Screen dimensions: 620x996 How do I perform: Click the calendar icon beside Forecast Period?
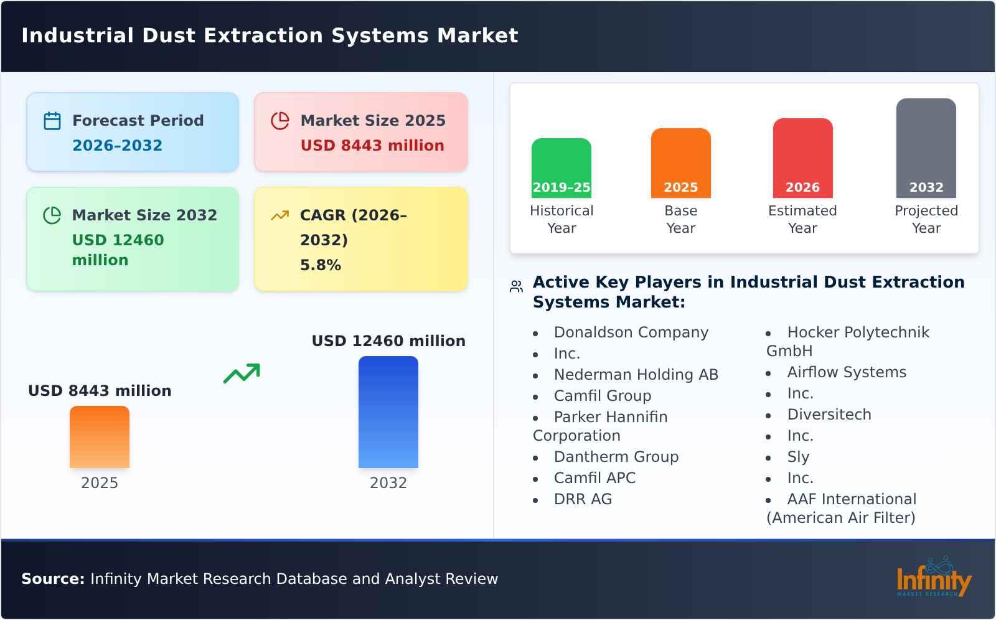click(x=52, y=121)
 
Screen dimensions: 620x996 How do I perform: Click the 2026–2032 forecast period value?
click(x=117, y=146)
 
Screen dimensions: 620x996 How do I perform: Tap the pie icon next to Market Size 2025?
click(x=280, y=121)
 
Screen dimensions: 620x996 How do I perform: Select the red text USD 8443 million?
click(x=372, y=146)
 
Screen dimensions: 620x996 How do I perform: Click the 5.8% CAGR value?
click(x=320, y=265)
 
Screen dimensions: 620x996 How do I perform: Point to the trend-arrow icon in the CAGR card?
click(x=280, y=215)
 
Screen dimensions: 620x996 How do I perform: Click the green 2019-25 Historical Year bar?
click(x=561, y=168)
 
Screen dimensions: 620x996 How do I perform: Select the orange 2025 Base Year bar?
click(x=680, y=163)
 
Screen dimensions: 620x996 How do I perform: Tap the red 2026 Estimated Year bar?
click(x=802, y=158)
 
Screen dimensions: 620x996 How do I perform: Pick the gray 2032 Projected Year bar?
click(x=926, y=148)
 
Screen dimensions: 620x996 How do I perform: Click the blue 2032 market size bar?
click(x=388, y=412)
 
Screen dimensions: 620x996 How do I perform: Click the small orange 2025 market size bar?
click(x=100, y=437)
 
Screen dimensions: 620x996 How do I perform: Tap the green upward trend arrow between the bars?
click(x=242, y=373)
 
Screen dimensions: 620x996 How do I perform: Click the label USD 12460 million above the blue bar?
click(x=388, y=341)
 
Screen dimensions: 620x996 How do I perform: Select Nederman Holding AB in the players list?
click(x=636, y=375)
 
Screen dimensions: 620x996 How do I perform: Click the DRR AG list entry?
click(x=583, y=499)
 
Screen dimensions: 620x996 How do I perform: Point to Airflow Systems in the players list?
click(x=846, y=372)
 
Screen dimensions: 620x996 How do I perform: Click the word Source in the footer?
click(x=52, y=579)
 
